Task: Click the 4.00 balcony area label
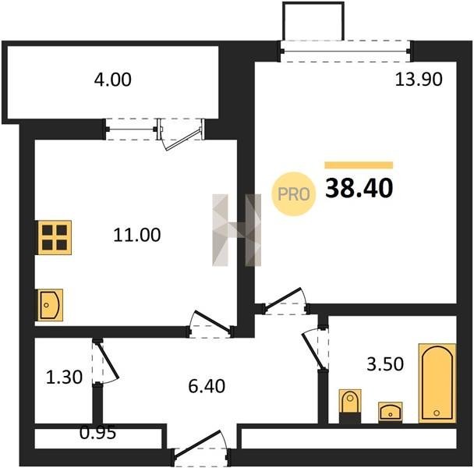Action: pos(112,80)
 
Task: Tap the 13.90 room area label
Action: pos(419,79)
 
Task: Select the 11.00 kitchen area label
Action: pos(137,235)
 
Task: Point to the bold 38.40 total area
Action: pos(359,188)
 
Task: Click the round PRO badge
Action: pos(294,194)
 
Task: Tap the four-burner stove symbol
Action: pos(55,237)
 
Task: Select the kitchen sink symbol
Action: pos(50,305)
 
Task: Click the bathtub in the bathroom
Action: pos(437,383)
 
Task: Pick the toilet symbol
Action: pos(350,406)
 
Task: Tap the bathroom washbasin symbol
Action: pos(391,412)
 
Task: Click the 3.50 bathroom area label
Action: pos(385,363)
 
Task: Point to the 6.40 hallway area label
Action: pos(207,386)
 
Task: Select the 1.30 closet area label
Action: pos(64,378)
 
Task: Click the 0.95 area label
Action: pos(98,433)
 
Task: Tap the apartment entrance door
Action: pos(200,448)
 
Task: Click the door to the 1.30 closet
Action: pos(105,363)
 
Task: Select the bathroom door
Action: pos(315,348)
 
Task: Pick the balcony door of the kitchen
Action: pos(181,134)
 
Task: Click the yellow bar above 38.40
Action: pos(359,165)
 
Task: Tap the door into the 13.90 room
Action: pos(285,301)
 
